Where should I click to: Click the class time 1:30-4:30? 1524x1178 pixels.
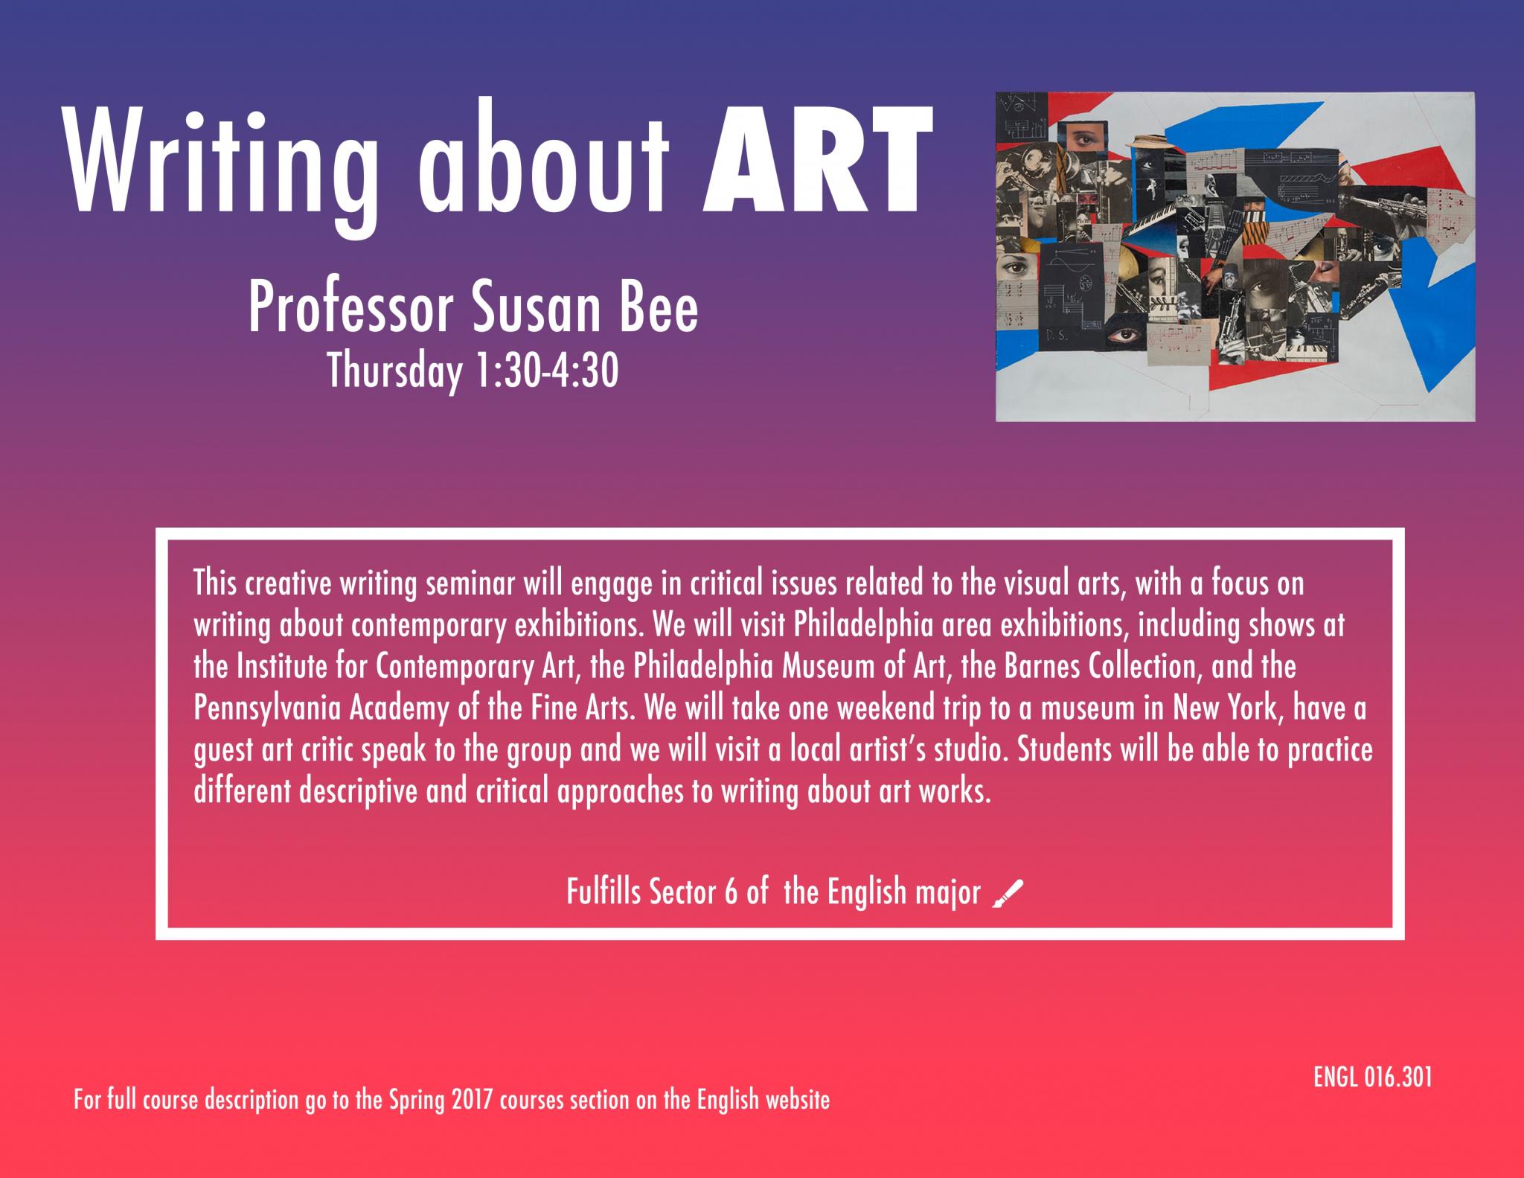pos(545,371)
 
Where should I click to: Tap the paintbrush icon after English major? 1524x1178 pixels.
pos(1008,893)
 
